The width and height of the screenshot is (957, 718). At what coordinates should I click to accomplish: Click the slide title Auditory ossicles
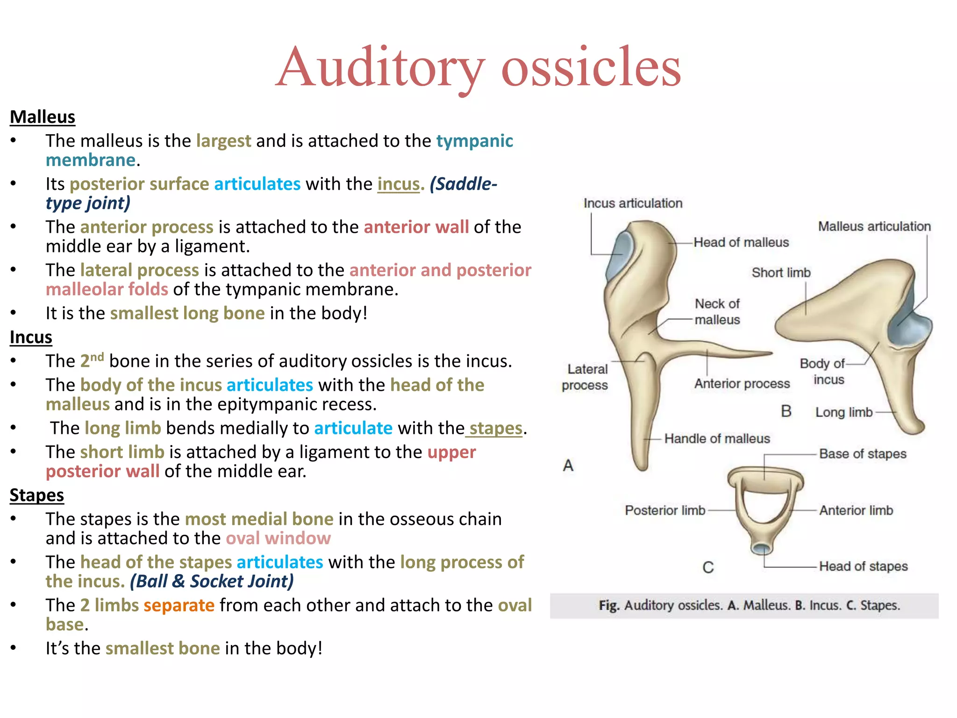(x=478, y=68)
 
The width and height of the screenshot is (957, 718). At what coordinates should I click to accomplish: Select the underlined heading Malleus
(x=43, y=117)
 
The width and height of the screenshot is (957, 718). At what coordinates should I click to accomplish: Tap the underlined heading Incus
(x=31, y=337)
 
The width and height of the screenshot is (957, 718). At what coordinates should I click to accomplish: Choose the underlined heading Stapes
(x=37, y=495)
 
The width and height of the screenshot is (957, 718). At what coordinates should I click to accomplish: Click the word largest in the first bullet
(x=223, y=141)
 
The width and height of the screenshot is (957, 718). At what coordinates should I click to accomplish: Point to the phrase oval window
(x=279, y=538)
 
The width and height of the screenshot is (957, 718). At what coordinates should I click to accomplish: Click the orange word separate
(x=179, y=605)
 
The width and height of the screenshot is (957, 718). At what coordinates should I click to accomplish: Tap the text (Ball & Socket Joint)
(x=212, y=582)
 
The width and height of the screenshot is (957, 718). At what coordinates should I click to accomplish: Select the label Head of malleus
(x=741, y=242)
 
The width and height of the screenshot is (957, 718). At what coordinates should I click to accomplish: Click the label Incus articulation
(x=633, y=203)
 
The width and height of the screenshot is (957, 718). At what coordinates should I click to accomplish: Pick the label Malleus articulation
(x=874, y=226)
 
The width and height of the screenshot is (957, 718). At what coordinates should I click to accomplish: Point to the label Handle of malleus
(x=717, y=438)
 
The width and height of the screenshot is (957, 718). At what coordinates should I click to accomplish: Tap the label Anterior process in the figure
(x=742, y=384)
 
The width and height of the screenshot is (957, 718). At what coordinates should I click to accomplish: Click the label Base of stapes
(x=863, y=454)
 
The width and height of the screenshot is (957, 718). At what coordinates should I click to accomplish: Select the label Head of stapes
(x=863, y=567)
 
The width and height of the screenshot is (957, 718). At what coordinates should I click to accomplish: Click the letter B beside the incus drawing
(x=786, y=411)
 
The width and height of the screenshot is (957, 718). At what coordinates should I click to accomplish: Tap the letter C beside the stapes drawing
(x=708, y=567)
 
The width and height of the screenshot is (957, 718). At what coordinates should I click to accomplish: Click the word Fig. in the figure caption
(x=609, y=606)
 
